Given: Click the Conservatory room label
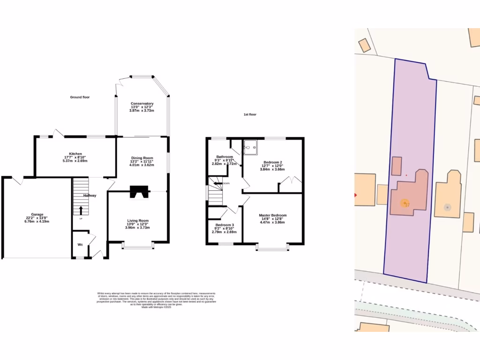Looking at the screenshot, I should click(x=142, y=104).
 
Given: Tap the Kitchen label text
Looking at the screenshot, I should click(x=75, y=154).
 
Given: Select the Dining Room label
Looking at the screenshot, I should click(x=142, y=158).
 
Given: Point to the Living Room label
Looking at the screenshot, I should click(x=138, y=221).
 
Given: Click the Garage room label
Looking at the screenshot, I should click(x=37, y=215).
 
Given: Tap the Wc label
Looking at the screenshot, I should click(x=80, y=245).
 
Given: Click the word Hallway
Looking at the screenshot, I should click(x=90, y=195).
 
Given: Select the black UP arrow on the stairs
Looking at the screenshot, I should click(x=80, y=210).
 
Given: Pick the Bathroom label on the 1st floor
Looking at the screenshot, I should click(x=225, y=157).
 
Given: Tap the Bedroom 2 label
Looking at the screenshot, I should click(x=272, y=162).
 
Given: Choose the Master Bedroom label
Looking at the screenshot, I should click(x=272, y=216).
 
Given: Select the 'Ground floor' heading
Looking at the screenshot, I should click(x=80, y=97).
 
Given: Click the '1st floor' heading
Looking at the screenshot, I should click(x=250, y=114).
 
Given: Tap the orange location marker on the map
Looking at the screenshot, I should click(x=404, y=203).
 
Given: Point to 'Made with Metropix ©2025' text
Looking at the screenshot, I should click(x=156, y=307).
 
